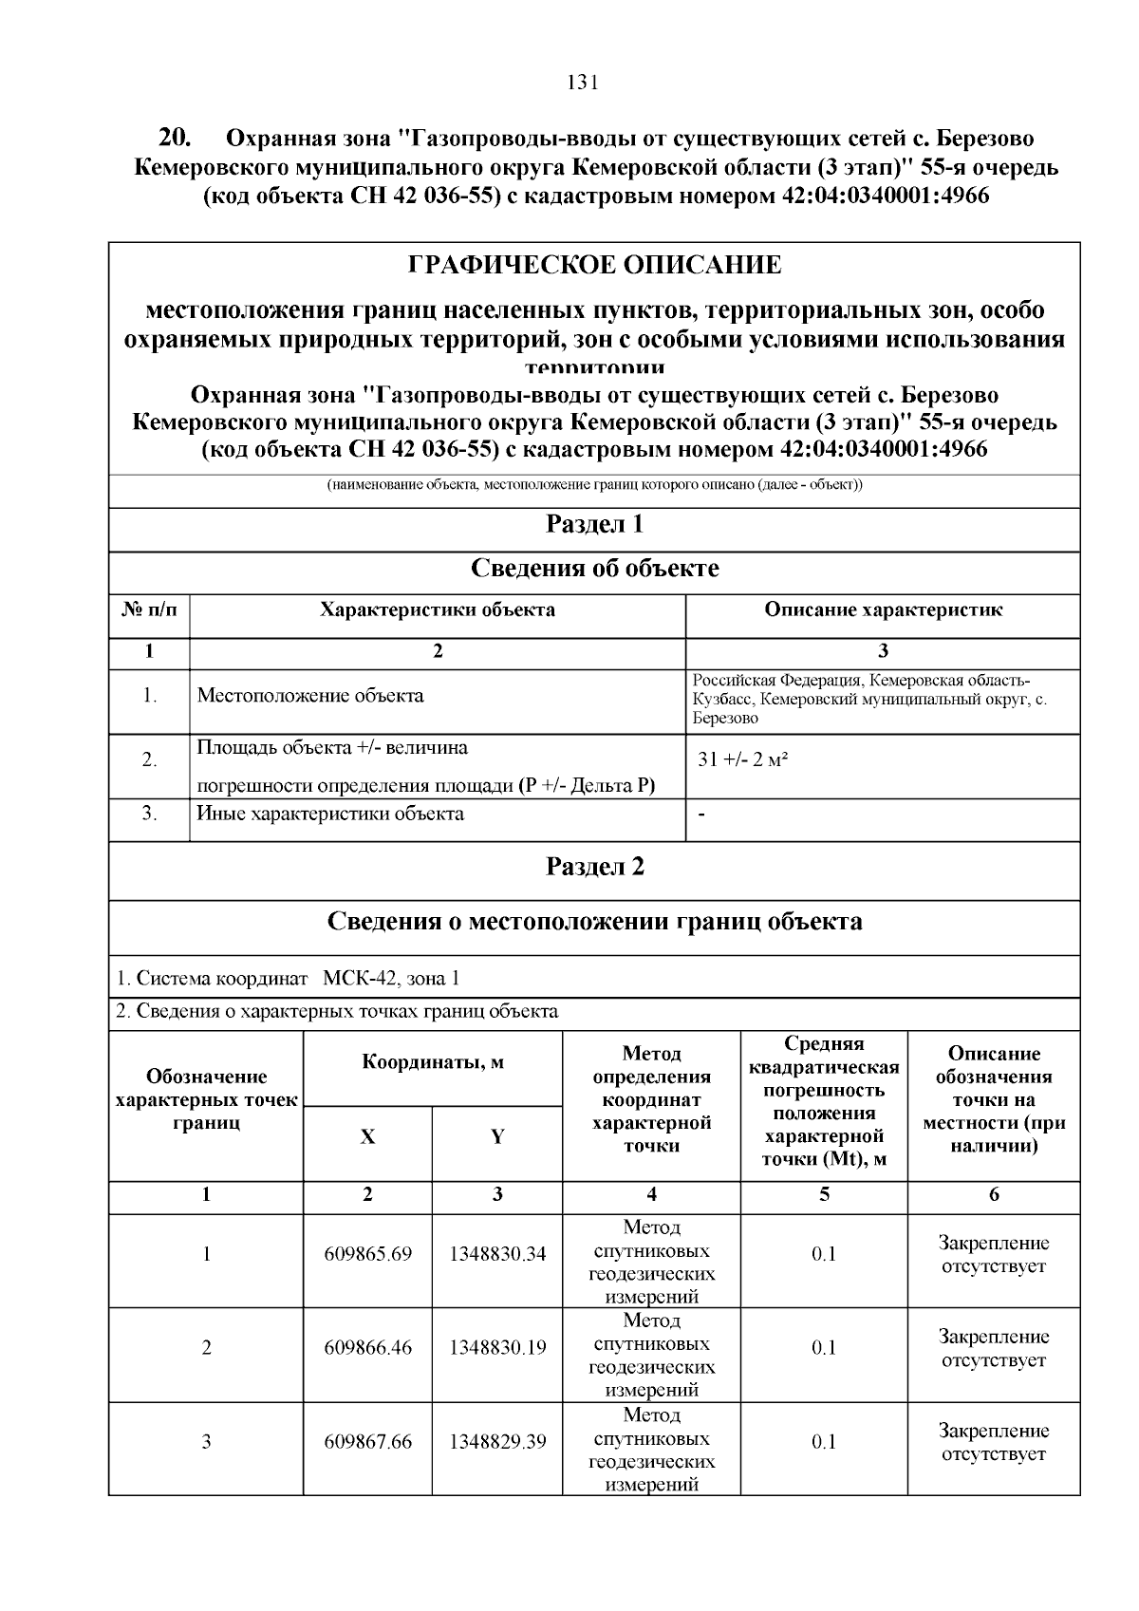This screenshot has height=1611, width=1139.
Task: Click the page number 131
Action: pos(582,83)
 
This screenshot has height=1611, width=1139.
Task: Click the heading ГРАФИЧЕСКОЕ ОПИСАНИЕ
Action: pos(594,265)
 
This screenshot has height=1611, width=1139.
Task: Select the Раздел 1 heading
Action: pos(594,524)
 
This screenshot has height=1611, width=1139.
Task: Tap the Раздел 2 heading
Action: pos(594,867)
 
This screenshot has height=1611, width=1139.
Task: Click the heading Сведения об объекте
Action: pos(594,569)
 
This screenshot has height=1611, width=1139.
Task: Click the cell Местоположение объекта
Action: pos(310,696)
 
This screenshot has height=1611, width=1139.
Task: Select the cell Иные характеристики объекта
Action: pos(330,814)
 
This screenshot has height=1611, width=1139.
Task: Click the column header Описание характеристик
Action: pos(883,610)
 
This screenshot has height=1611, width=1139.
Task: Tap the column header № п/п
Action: pos(149,610)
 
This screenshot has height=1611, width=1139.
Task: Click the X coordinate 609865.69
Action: pos(367,1254)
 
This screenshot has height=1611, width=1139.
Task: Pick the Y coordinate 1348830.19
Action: pos(497,1347)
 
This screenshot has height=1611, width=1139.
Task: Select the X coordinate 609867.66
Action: pos(367,1442)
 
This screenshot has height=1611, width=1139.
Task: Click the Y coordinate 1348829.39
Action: pos(497,1442)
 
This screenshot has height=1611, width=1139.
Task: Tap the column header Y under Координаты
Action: pos(497,1137)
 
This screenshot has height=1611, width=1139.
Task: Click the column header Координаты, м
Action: pos(433,1062)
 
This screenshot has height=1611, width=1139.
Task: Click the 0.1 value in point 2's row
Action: pos(824,1347)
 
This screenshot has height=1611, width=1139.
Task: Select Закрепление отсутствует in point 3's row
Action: pos(993,1442)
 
